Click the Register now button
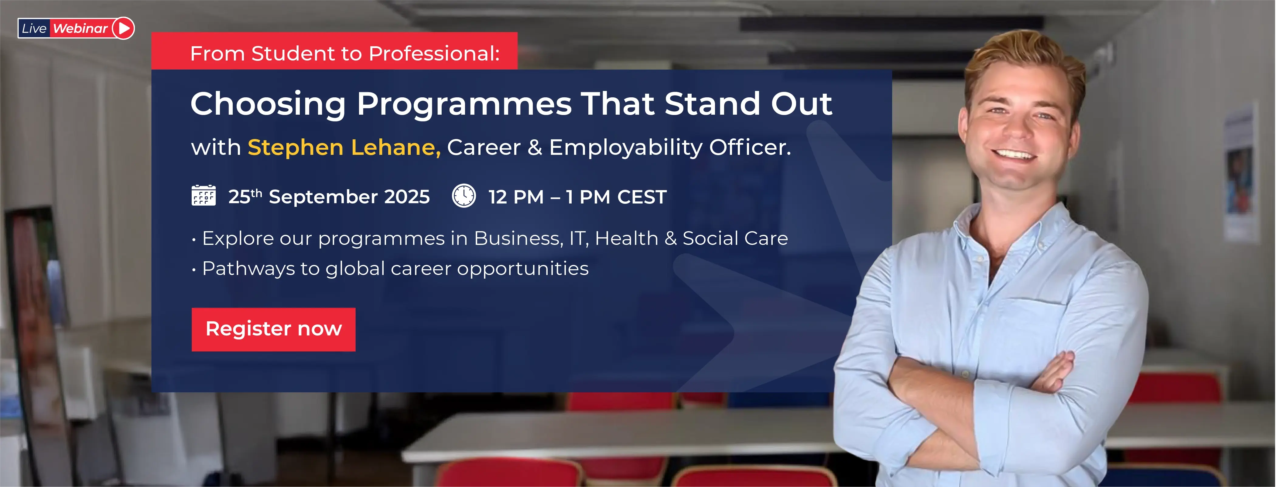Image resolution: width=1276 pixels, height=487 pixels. click(x=273, y=329)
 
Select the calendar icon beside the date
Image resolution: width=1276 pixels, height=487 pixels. click(x=204, y=195)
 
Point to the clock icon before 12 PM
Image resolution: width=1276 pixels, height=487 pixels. click(x=464, y=196)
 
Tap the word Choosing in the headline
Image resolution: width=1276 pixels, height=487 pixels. click(x=268, y=105)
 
